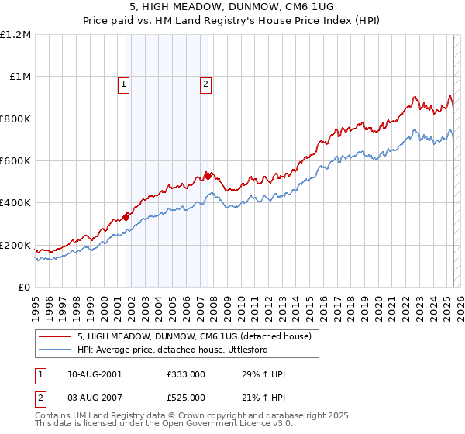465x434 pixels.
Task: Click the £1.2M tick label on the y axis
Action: (15, 34)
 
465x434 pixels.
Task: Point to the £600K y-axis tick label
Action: (15, 160)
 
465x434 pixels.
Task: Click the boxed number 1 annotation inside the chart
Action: (124, 85)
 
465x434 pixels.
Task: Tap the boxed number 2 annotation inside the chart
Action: (206, 85)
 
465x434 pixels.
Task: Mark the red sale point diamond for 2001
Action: (126, 217)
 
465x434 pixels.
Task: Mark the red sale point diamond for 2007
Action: (208, 177)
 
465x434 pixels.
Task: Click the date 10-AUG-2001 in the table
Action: (95, 374)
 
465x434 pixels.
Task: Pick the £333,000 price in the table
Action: (185, 374)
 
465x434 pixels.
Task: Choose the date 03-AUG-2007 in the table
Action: (95, 398)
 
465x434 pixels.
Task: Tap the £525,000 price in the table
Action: (185, 398)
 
